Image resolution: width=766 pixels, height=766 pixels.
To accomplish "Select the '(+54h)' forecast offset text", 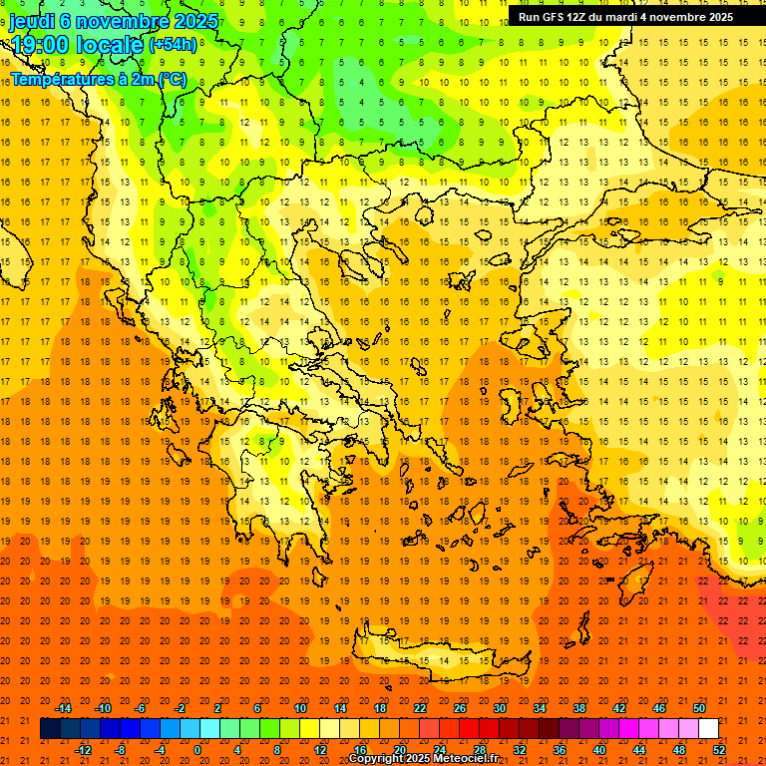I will click(173, 45).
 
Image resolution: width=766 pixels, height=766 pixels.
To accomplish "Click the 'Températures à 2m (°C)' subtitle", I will click(98, 78).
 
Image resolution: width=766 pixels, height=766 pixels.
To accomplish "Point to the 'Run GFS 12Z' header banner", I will click(625, 17).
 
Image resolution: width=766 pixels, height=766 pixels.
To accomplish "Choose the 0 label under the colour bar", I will click(197, 750).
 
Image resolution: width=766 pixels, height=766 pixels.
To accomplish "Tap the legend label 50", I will click(699, 708).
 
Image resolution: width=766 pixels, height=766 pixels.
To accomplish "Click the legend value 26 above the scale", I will click(460, 708).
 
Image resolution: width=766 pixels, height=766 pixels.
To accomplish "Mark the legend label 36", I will click(559, 750).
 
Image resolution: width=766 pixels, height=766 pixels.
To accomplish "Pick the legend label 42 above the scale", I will click(619, 708).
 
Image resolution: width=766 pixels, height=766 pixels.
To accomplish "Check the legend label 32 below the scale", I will click(519, 750).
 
